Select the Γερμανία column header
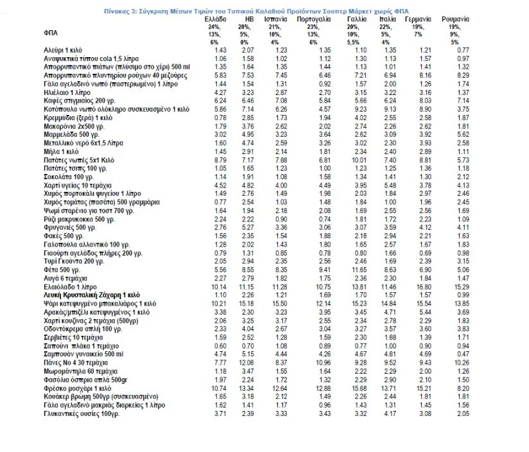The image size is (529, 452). click(418, 19)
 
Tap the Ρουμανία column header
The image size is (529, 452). click(455, 19)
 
